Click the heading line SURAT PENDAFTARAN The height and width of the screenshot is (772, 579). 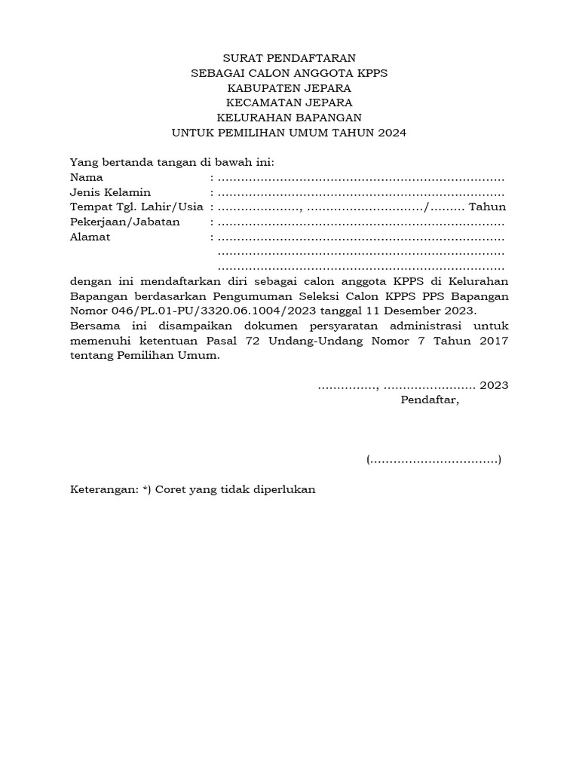[x=289, y=57]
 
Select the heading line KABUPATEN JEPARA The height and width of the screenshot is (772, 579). [x=289, y=87]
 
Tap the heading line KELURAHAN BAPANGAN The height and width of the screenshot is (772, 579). [x=289, y=118]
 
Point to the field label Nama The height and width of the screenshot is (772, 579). [x=86, y=177]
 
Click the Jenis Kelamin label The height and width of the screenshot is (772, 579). [x=110, y=192]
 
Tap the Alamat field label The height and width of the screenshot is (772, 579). [x=90, y=237]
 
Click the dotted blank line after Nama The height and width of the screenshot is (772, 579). [x=360, y=178]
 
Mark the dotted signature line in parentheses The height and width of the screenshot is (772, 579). [x=433, y=459]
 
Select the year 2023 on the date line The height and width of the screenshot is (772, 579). [x=494, y=385]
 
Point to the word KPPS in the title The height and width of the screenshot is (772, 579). [x=369, y=72]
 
